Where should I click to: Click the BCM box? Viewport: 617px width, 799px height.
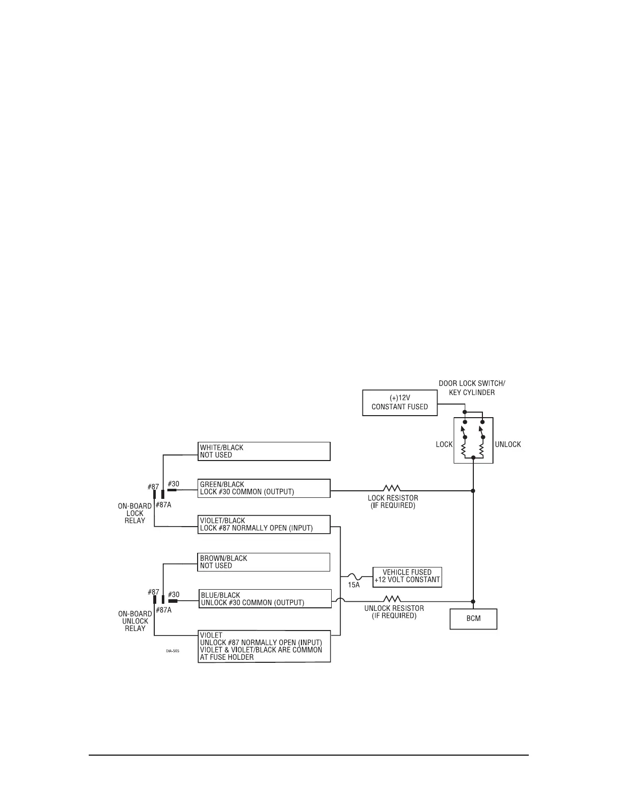coord(473,618)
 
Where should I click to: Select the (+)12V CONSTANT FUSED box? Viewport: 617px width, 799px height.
coord(400,403)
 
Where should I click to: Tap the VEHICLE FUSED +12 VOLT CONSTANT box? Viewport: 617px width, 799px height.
coord(407,576)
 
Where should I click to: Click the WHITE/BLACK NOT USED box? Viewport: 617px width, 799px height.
coord(264,451)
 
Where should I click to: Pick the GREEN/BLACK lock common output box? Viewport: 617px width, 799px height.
coord(264,488)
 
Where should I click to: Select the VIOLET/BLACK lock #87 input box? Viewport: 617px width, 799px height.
coord(264,525)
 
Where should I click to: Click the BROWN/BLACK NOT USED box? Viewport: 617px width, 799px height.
coord(264,562)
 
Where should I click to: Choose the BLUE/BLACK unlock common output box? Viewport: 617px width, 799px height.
coord(265,599)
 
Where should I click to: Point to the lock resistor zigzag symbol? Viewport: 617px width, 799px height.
coord(392,488)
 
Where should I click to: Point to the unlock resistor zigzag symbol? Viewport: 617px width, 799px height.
coord(392,599)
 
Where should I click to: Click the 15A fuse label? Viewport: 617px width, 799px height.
coord(354,585)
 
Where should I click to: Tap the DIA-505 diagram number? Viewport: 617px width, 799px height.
coord(172,651)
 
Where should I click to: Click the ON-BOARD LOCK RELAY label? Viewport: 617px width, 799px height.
coord(135,513)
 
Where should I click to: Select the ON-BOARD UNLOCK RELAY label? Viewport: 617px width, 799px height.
coord(135,621)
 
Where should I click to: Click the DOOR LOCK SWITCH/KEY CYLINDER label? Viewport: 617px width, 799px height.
coord(471,388)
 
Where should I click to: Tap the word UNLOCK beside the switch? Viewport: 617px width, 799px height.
coord(508,444)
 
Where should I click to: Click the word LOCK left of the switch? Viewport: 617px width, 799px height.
coord(444,444)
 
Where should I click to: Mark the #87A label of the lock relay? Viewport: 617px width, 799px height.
coord(163,505)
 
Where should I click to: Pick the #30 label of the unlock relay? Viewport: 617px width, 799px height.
coord(173,595)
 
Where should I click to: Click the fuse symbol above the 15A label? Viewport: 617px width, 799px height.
coord(354,576)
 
